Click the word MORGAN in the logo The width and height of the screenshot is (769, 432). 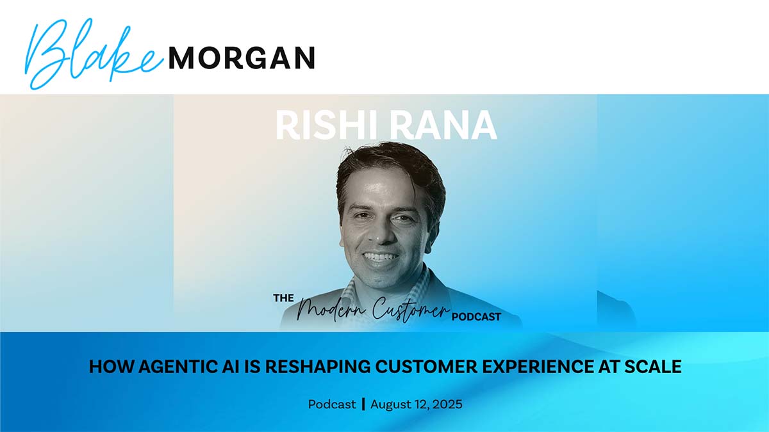[242, 58]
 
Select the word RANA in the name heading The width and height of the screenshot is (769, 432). [442, 125]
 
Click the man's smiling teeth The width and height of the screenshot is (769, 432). [381, 257]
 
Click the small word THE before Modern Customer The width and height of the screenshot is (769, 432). [283, 298]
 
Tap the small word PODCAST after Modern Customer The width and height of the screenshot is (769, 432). [477, 316]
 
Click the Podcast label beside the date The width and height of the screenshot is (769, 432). [332, 404]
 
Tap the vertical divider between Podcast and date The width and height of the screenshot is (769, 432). [363, 404]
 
